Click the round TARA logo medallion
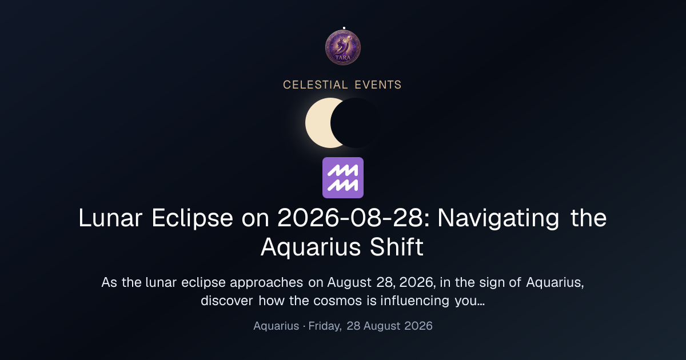(x=343, y=47)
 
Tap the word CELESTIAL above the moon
(x=316, y=85)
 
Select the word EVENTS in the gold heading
(x=378, y=85)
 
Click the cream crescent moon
(x=318, y=123)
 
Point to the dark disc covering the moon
(x=356, y=123)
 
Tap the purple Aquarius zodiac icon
(x=343, y=178)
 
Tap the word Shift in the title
(x=397, y=247)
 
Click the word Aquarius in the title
(x=311, y=247)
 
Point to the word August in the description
(x=349, y=282)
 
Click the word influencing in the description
(x=415, y=301)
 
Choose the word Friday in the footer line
(x=325, y=326)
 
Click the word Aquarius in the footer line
(x=276, y=326)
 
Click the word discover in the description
(x=227, y=301)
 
